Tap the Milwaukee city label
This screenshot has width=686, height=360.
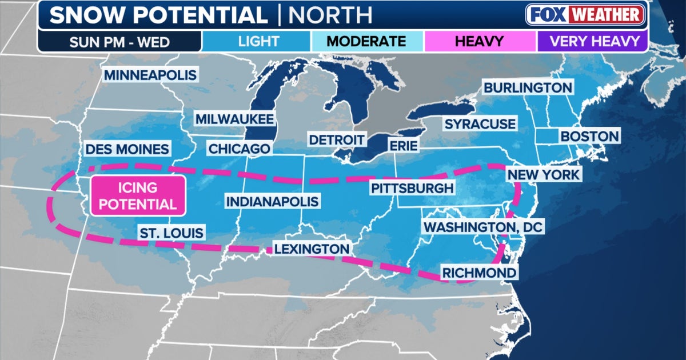tap(234, 119)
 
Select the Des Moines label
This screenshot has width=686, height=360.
tap(127, 149)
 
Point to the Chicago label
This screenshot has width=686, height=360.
tap(239, 149)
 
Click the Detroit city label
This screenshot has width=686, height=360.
tap(336, 140)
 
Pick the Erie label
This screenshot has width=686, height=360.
tap(402, 145)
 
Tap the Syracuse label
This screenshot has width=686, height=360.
tap(480, 123)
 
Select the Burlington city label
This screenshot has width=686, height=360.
tap(528, 87)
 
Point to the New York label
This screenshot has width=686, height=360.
tap(544, 174)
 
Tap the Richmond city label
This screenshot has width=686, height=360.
tap(478, 273)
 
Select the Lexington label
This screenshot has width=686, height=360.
tap(312, 249)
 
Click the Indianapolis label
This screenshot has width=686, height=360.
tap(272, 202)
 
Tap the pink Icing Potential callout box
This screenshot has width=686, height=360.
tap(137, 195)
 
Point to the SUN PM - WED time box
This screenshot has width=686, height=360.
tap(120, 41)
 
